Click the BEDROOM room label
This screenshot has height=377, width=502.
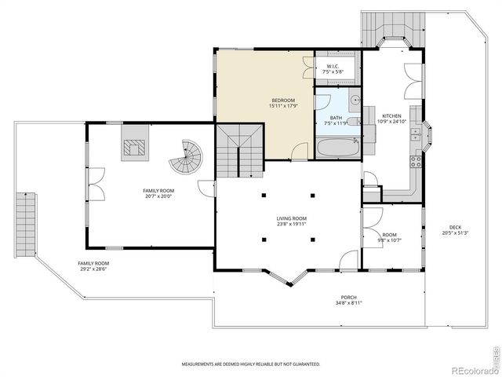(x=283, y=101)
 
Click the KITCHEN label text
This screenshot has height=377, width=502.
(x=391, y=115)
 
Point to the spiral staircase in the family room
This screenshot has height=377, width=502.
(x=187, y=157)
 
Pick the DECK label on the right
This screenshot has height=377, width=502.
(x=455, y=227)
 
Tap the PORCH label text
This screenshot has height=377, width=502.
(x=348, y=297)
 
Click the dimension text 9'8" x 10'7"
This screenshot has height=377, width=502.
(x=390, y=240)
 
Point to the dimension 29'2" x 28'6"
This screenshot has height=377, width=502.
(x=93, y=269)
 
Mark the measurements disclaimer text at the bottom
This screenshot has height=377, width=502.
(x=251, y=364)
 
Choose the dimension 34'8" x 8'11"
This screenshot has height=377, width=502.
(x=348, y=303)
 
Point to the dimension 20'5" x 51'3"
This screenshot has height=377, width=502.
(x=455, y=233)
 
